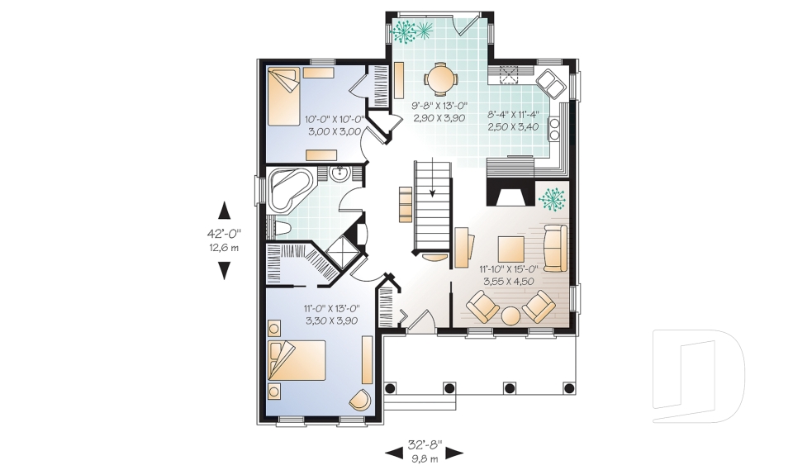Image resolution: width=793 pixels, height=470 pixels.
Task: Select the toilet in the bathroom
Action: tap(280, 229)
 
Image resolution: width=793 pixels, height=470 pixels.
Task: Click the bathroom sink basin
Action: tap(339, 174)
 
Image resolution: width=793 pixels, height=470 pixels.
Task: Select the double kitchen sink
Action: tap(551, 83)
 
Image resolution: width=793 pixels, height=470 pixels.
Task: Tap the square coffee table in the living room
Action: tap(511, 249)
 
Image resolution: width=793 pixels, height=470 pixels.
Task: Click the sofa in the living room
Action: tap(555, 248)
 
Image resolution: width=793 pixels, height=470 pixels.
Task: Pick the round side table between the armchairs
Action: tap(510, 316)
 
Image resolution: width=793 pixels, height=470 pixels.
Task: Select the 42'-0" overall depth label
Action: tap(224, 234)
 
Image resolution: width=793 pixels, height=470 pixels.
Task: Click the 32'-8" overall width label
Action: tap(425, 446)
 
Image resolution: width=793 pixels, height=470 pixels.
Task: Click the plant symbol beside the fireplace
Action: tap(552, 199)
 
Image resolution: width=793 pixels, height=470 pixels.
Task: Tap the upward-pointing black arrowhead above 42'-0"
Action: tap(224, 211)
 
